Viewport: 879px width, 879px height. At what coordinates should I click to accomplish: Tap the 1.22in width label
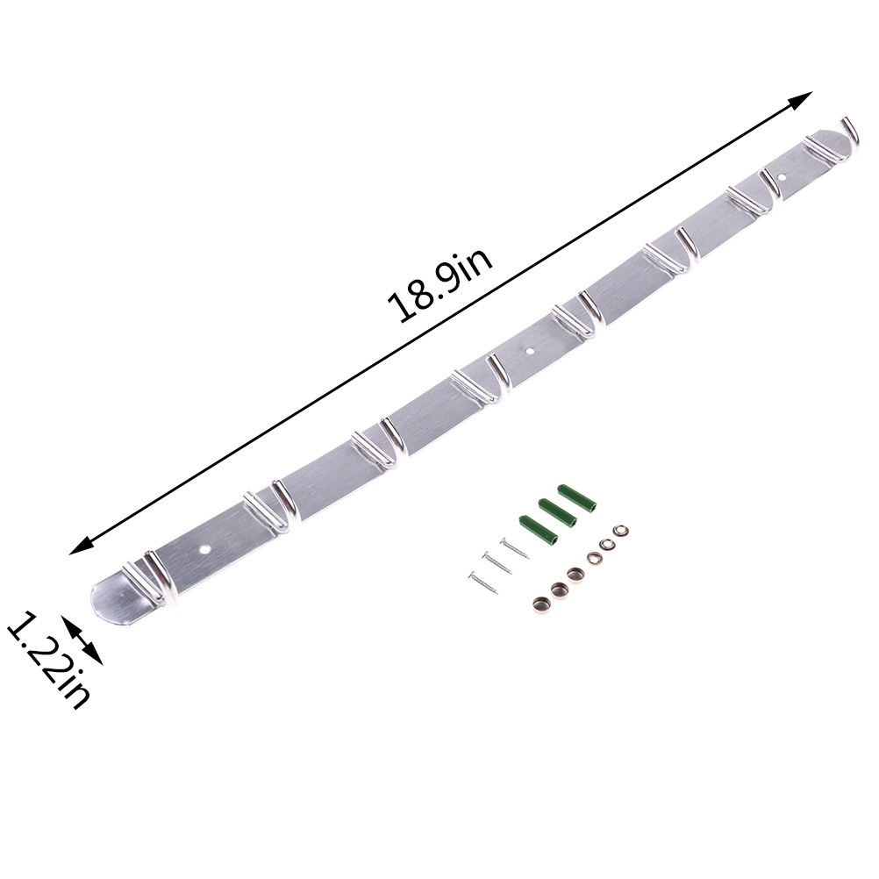coord(48,660)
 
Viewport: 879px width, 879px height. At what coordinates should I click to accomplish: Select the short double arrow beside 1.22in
coord(82,640)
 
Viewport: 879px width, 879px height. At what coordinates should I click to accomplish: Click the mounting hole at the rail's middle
coord(531,352)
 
